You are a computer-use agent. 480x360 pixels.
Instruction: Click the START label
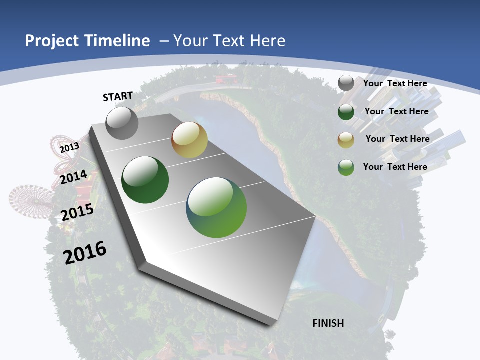click(118, 96)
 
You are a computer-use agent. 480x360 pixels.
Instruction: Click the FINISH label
click(328, 323)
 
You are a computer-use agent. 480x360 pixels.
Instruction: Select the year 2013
click(69, 147)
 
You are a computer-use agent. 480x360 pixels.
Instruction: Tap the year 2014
click(74, 177)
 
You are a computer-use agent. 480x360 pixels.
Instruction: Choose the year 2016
click(85, 252)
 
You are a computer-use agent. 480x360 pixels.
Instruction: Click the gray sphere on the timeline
click(122, 123)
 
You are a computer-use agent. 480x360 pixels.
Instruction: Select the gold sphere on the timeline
click(189, 140)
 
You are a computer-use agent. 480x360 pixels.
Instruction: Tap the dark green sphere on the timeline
click(145, 180)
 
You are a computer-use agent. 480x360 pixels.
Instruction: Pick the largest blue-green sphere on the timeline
click(216, 207)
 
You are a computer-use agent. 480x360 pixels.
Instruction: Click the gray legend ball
click(346, 83)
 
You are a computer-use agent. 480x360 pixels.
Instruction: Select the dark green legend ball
click(346, 112)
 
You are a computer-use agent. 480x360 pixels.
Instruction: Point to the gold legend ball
click(346, 140)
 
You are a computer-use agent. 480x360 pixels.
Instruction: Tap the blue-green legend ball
click(346, 167)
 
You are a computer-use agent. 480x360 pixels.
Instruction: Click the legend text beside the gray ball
click(395, 83)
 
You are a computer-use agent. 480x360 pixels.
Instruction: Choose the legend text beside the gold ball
click(397, 139)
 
